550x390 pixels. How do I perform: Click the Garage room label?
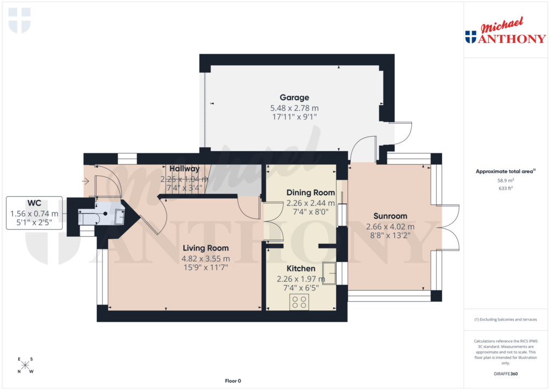[294, 97]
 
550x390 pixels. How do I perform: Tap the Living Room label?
[205, 248]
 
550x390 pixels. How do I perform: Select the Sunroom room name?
[390, 216]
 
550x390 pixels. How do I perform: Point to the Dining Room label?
[310, 193]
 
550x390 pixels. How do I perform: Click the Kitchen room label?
[301, 268]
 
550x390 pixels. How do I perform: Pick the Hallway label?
[181, 168]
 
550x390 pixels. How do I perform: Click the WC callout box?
[34, 213]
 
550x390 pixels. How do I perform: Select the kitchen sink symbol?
[329, 273]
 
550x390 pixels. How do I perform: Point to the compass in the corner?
[25, 365]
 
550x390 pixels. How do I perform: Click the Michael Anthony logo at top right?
[505, 32]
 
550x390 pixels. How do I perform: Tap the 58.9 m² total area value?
[505, 181]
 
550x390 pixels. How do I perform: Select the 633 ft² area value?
[505, 188]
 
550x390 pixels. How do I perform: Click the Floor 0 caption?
[233, 381]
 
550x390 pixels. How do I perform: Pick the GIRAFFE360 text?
[505, 374]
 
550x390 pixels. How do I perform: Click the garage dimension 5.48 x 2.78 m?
[294, 108]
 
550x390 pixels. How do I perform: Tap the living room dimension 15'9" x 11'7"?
[205, 267]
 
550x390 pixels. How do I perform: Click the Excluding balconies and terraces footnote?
[505, 320]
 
